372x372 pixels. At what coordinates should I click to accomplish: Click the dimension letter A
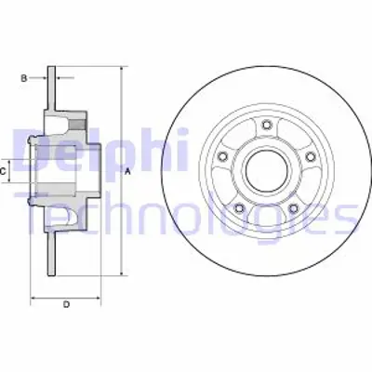coord(127,171)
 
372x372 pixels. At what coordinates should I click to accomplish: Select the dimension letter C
coord(6,171)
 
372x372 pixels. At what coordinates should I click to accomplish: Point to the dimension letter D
coord(67,304)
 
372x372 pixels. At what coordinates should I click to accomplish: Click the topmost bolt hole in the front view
coord(267,126)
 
